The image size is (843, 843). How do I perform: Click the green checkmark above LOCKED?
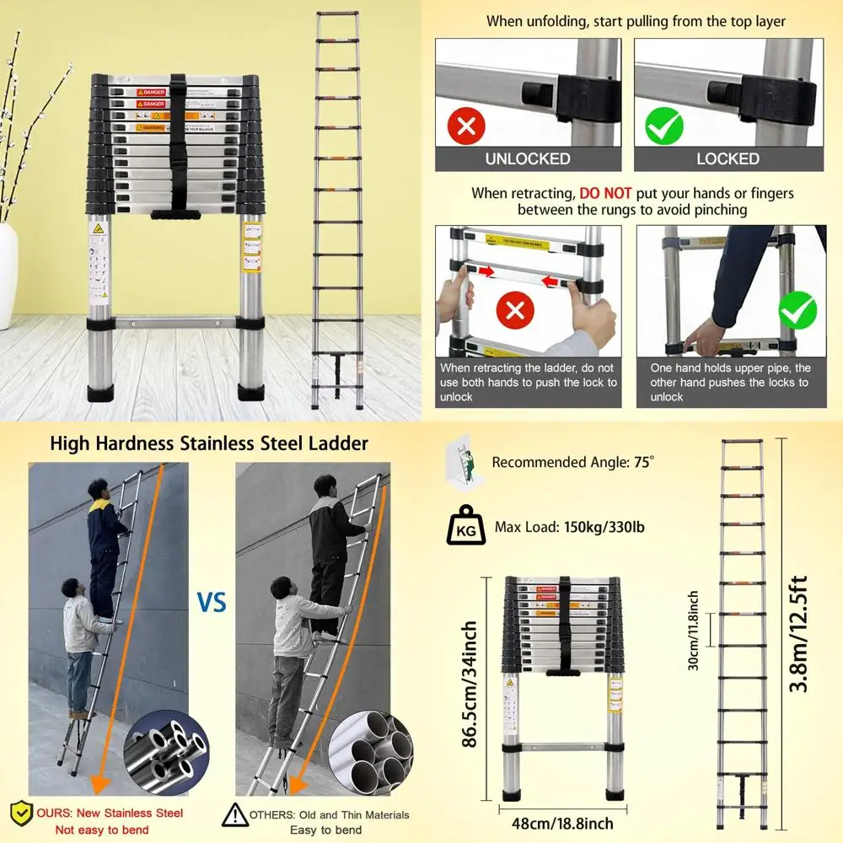tap(663, 127)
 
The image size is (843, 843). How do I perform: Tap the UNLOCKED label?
tap(528, 158)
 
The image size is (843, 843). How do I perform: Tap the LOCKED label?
tap(728, 158)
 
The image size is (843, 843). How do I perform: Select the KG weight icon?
tap(465, 528)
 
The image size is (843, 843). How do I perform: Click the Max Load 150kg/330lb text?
tap(569, 528)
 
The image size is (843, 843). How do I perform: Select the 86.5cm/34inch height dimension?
tap(470, 685)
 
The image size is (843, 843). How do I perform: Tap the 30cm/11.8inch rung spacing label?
tap(693, 630)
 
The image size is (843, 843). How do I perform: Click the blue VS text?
tap(212, 604)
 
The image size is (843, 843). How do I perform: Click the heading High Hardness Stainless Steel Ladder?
tap(209, 443)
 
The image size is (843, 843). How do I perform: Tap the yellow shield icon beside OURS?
tap(21, 814)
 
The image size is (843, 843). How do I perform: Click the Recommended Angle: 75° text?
tap(573, 462)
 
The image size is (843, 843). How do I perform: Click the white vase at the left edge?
tap(8, 274)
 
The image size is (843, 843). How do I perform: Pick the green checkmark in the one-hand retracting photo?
tap(797, 311)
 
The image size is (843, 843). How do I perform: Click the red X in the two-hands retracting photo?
tap(517, 311)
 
